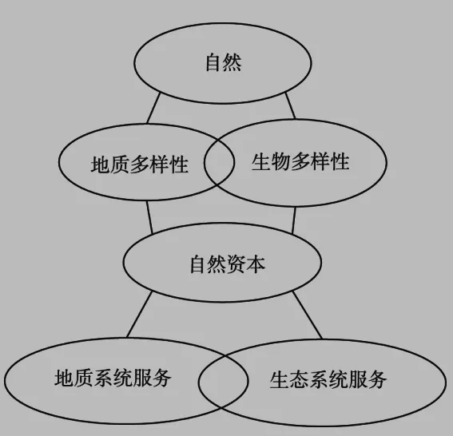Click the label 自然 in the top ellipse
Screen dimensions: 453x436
[x=224, y=62]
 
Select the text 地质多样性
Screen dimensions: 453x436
[x=140, y=164]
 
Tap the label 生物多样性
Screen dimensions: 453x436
[x=300, y=161]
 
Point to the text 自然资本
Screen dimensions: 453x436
[x=228, y=264]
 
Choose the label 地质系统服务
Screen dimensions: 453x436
[x=113, y=378]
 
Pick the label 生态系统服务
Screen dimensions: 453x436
[x=328, y=379]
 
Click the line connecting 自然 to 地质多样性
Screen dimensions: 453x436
[x=153, y=109]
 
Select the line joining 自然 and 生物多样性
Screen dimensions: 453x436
[x=290, y=105]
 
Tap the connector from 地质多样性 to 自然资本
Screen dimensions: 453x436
[x=149, y=217]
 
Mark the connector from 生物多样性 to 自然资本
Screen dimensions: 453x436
[x=294, y=220]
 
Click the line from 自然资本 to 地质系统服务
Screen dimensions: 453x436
[x=139, y=315]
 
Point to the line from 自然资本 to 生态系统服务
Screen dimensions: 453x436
[x=308, y=315]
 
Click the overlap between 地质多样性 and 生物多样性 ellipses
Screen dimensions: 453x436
[x=219, y=161]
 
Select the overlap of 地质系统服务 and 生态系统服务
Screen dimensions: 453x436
[x=223, y=381]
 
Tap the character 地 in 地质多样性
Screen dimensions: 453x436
[x=100, y=164]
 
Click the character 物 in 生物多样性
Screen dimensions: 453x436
[x=280, y=161]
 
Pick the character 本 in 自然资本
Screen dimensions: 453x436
[x=256, y=264]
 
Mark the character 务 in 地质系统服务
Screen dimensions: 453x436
[x=162, y=378]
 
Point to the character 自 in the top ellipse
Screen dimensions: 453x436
[x=214, y=62]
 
